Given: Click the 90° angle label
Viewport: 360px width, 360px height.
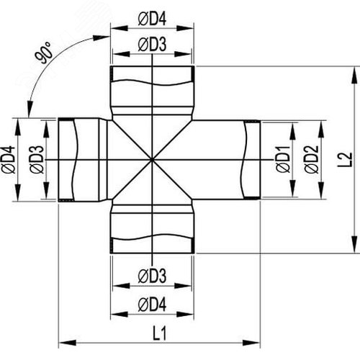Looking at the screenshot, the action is click(x=43, y=53).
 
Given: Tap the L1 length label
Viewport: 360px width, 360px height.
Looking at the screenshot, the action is click(x=159, y=333).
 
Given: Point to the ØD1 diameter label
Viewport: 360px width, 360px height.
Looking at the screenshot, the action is click(x=284, y=159).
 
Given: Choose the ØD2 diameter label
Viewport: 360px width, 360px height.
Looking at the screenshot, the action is click(x=312, y=159).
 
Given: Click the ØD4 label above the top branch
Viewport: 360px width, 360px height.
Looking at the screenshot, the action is click(x=152, y=19).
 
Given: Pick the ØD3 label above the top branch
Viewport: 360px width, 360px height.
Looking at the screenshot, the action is click(x=152, y=45).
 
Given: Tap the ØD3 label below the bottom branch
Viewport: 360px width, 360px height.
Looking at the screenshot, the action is click(x=152, y=276).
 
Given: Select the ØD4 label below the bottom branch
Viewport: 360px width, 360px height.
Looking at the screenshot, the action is click(x=152, y=305).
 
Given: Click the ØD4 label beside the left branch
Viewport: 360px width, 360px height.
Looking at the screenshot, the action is click(x=9, y=159).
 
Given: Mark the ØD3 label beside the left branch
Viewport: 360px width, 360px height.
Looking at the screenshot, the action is click(x=37, y=159).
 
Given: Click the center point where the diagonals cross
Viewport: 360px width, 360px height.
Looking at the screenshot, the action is click(x=152, y=159).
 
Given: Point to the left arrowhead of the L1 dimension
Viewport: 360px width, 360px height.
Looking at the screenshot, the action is click(x=68, y=343).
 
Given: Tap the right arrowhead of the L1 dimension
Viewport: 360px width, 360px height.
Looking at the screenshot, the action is click(x=251, y=343).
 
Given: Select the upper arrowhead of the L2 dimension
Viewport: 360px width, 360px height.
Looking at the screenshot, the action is click(x=354, y=75).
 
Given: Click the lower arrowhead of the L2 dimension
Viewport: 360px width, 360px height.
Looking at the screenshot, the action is click(x=354, y=244).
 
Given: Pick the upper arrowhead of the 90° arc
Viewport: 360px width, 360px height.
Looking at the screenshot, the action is click(x=102, y=38).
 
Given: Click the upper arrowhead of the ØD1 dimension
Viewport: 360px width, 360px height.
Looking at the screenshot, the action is click(x=292, y=131).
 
